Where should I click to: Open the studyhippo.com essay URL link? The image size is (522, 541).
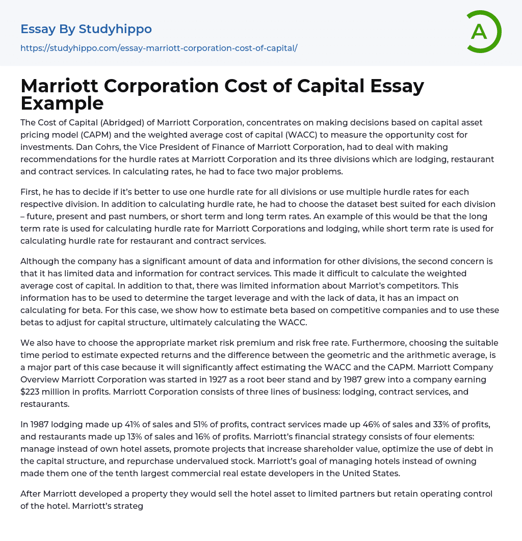(x=159, y=48)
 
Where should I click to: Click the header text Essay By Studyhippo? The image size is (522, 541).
(x=86, y=29)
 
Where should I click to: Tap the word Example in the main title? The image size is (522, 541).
(x=62, y=103)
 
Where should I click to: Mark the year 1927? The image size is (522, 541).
(x=232, y=380)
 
